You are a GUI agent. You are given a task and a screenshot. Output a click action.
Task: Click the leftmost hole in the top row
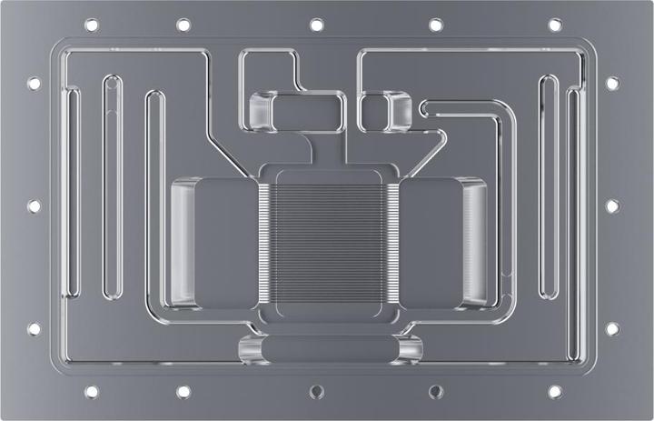(x=91, y=25)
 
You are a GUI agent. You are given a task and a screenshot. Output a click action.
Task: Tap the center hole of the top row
(x=316, y=25)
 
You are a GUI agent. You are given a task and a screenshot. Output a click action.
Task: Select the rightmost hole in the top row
(x=554, y=25)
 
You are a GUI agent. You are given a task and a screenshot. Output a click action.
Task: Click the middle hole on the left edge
(x=35, y=205)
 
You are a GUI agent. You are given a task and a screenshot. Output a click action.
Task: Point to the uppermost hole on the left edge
(x=35, y=83)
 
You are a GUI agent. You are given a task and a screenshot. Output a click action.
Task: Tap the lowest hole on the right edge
(x=612, y=328)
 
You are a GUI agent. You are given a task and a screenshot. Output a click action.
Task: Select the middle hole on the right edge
(x=612, y=205)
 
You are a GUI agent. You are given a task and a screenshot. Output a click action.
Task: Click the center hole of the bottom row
(x=316, y=392)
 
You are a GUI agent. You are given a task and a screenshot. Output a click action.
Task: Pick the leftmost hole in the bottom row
(x=91, y=392)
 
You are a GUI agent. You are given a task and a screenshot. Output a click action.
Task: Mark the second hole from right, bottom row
(x=435, y=392)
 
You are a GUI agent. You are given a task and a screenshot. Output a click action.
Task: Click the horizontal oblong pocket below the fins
(x=329, y=349)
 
